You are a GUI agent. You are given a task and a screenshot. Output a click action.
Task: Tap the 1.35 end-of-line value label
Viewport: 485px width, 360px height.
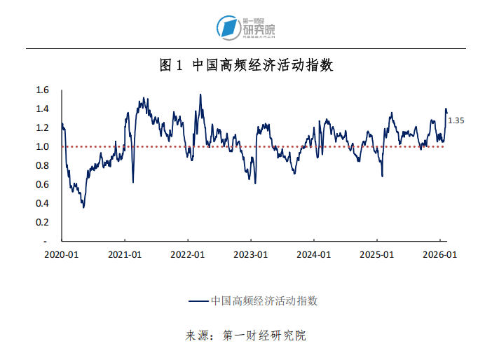tap(456, 120)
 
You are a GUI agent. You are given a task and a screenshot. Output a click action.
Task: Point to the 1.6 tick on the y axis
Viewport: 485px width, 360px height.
tap(43, 90)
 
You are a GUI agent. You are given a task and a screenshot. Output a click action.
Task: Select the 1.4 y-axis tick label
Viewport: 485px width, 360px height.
tap(43, 109)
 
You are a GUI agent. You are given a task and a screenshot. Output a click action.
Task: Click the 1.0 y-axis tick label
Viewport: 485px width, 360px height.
tap(43, 146)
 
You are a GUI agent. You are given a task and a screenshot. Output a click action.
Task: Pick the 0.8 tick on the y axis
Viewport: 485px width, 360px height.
tap(43, 165)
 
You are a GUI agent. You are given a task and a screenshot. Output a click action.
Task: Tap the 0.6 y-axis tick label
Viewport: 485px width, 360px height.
tap(43, 184)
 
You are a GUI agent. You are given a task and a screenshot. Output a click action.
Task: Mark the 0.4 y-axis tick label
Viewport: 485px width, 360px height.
tap(43, 203)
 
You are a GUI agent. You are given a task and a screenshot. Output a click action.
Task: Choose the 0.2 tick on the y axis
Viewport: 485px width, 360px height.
tap(43, 222)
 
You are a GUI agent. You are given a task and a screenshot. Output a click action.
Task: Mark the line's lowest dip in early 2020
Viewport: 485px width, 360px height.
tap(83, 207)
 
